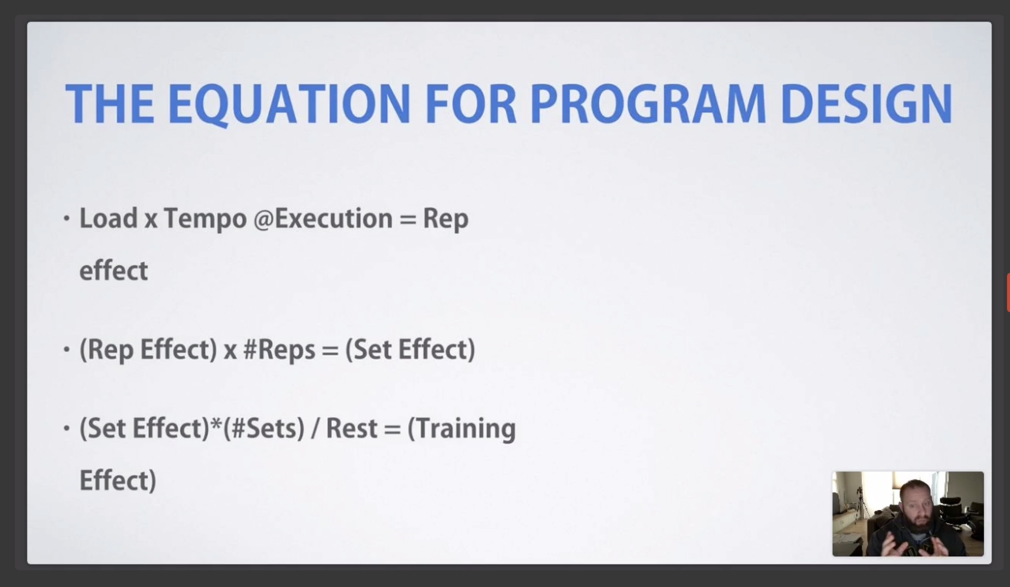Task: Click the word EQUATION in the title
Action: point(289,104)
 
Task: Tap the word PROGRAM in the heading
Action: point(647,104)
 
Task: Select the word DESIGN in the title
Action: point(867,104)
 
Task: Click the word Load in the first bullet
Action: point(108,218)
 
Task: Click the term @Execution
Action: point(323,218)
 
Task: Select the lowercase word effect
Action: point(113,270)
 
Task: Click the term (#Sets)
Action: point(264,428)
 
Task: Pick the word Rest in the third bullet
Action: point(352,428)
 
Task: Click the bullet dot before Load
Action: point(67,218)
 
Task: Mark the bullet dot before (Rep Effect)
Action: point(67,349)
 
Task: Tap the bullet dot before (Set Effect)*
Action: point(67,428)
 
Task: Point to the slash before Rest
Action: point(315,428)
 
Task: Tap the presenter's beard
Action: point(916,524)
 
